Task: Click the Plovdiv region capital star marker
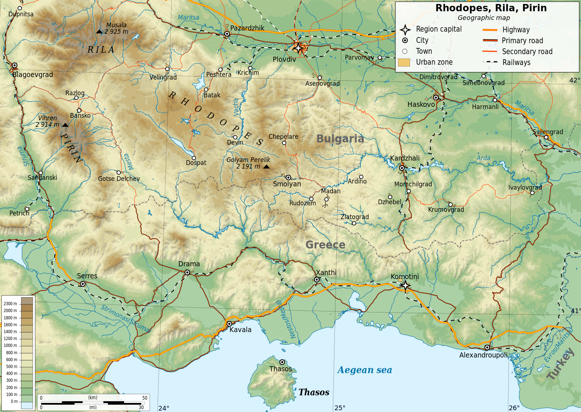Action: point(298,48)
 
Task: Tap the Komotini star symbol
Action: point(405,286)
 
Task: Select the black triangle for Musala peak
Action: point(99,32)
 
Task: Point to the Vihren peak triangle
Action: point(65,125)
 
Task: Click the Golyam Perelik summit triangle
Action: point(267,167)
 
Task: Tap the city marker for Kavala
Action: point(229,324)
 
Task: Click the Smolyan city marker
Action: point(288,178)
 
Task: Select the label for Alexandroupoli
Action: point(483,355)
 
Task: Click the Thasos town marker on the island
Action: point(282,362)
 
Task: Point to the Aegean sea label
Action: point(364,370)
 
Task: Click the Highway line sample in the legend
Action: point(489,30)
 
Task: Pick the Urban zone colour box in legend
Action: point(404,62)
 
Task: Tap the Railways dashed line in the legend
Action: point(489,62)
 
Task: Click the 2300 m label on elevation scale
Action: point(10,304)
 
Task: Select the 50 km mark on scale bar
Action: point(145,398)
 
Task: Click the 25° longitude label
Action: point(340,408)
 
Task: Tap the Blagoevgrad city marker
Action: point(15,66)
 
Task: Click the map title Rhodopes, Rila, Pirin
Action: point(491,8)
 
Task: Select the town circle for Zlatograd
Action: point(354,223)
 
